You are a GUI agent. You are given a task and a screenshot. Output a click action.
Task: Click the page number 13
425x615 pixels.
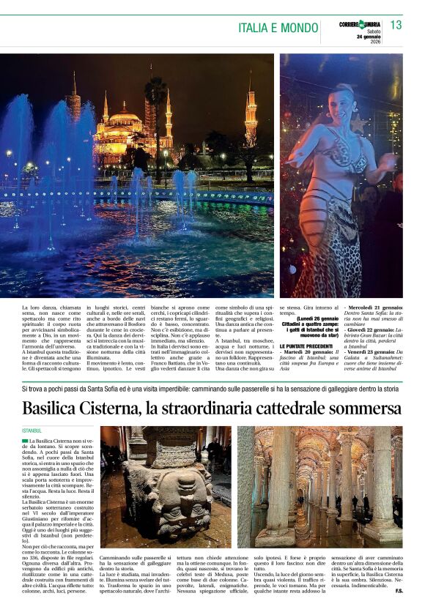(x=396, y=25)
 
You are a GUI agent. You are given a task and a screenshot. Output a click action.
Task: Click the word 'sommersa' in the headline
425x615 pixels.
(x=363, y=407)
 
